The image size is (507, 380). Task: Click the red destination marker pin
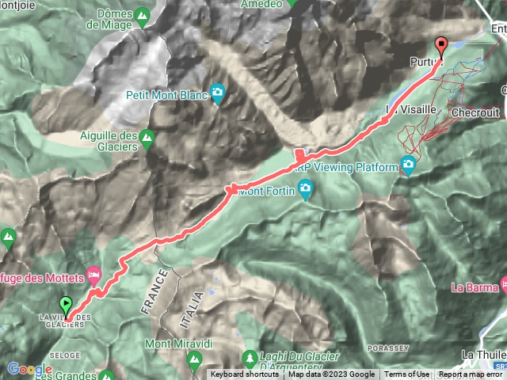[441, 47]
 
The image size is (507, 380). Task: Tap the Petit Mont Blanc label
[166, 95]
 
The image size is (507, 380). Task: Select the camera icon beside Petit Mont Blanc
[218, 94]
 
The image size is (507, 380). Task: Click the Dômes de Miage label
[124, 19]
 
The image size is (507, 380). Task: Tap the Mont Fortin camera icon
[307, 189]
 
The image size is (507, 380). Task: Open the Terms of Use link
[407, 374]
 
